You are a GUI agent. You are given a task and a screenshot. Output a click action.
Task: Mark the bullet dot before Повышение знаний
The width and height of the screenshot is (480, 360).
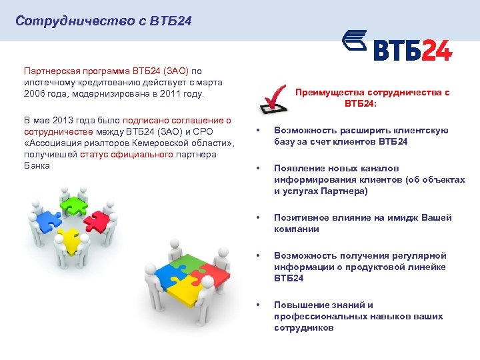tap(257, 305)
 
